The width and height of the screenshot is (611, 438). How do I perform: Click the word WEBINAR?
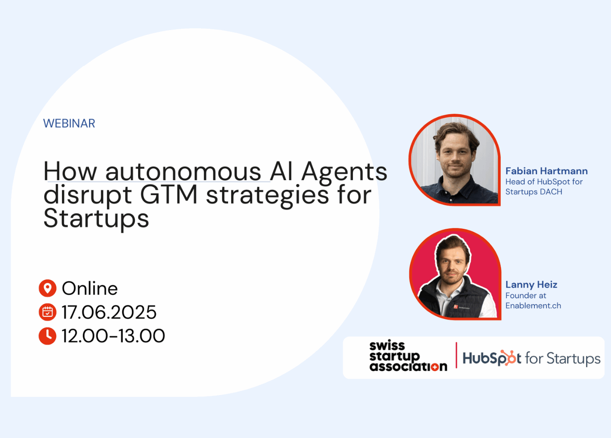pyautogui.click(x=69, y=123)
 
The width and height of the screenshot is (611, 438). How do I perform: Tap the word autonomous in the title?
pyautogui.click(x=183, y=171)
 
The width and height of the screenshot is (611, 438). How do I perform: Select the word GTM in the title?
pyautogui.click(x=169, y=195)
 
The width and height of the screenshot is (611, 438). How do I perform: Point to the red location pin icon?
pyautogui.click(x=47, y=288)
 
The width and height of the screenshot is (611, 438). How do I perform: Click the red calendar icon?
pyautogui.click(x=47, y=312)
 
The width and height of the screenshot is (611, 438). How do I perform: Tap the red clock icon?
pyautogui.click(x=47, y=336)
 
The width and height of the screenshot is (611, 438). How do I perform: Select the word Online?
pyautogui.click(x=90, y=288)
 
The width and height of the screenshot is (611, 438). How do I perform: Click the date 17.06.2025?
pyautogui.click(x=109, y=312)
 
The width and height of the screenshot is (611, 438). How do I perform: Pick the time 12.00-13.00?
pyautogui.click(x=113, y=336)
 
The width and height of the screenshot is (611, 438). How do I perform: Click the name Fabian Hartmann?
pyautogui.click(x=546, y=171)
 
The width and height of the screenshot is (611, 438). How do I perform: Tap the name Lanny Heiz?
pyautogui.click(x=531, y=284)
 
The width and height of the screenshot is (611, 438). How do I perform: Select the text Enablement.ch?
pyautogui.click(x=533, y=306)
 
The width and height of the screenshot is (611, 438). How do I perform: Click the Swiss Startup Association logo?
pyautogui.click(x=408, y=356)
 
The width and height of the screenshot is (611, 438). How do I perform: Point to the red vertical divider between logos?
pyautogui.click(x=456, y=355)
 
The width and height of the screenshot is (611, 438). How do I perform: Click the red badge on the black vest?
pyautogui.click(x=455, y=307)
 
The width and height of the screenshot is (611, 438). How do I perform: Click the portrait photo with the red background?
pyautogui.click(x=455, y=274)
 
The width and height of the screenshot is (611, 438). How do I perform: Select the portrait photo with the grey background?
pyautogui.click(x=454, y=160)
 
